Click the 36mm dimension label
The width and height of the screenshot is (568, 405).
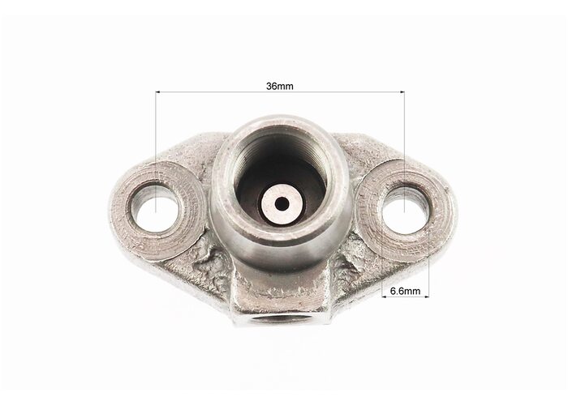pyautogui.click(x=280, y=87)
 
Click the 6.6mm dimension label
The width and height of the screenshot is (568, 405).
pyautogui.click(x=406, y=291)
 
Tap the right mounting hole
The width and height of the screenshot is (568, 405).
pyautogui.click(x=405, y=209)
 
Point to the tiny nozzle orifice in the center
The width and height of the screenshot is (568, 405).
pyautogui.click(x=282, y=204)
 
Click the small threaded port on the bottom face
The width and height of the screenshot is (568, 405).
pyautogui.click(x=281, y=318)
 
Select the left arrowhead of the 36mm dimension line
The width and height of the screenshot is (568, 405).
pyautogui.click(x=158, y=92)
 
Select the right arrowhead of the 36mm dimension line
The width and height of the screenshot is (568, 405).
pyautogui.click(x=402, y=92)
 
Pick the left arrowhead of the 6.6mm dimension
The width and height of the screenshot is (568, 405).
pyautogui.click(x=385, y=297)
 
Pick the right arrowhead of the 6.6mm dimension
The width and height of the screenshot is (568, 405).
pyautogui.click(x=426, y=297)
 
